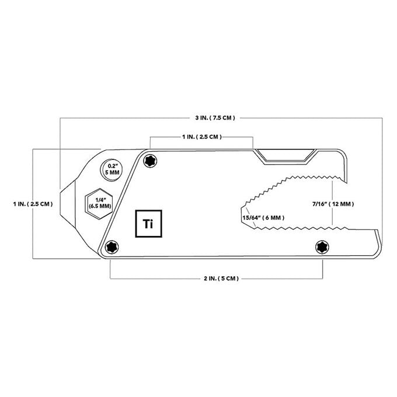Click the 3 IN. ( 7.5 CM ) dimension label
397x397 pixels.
(215, 118)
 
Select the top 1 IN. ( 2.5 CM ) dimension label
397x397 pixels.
(202, 137)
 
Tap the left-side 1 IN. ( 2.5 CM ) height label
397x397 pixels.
(33, 204)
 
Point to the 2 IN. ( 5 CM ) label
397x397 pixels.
(221, 278)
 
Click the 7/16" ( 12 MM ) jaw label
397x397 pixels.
(333, 204)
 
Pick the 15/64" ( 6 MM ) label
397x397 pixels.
(263, 218)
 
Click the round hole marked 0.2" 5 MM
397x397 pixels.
(112, 170)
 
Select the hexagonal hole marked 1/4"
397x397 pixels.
(99, 204)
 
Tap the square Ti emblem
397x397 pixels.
(149, 224)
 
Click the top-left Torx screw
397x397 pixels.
(150, 161)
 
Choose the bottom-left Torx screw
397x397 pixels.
(112, 247)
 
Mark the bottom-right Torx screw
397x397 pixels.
(322, 247)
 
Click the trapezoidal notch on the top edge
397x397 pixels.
(285, 156)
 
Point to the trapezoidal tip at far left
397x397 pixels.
(68, 203)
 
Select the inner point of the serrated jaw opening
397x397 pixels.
(242, 208)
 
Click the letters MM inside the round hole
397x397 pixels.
(114, 173)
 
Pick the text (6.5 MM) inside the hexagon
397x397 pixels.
(100, 206)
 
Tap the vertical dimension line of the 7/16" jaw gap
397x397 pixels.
(332, 203)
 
